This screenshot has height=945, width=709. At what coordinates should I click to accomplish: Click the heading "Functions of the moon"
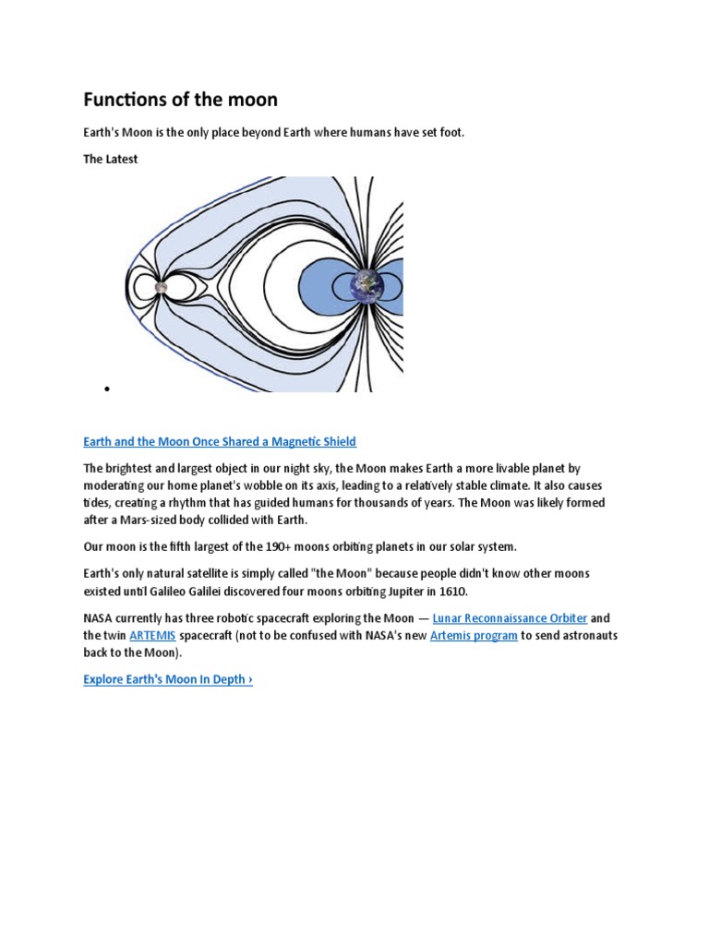(180, 99)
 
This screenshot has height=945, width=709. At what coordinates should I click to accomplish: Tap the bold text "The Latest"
(110, 159)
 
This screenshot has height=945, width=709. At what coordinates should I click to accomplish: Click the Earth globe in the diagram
(367, 286)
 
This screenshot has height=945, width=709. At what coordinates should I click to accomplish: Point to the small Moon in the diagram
(161, 287)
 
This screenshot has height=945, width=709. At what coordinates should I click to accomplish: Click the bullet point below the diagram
(108, 389)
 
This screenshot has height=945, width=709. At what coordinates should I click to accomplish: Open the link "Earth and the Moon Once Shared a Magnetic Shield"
(219, 442)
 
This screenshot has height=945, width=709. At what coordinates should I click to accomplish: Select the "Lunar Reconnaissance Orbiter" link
(510, 618)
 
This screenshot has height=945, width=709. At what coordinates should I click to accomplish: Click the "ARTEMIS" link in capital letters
(152, 636)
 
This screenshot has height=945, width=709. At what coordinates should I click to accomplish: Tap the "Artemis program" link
(474, 636)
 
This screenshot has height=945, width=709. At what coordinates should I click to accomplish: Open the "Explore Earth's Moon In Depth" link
(167, 679)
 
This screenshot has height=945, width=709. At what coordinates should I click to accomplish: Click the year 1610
(451, 591)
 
